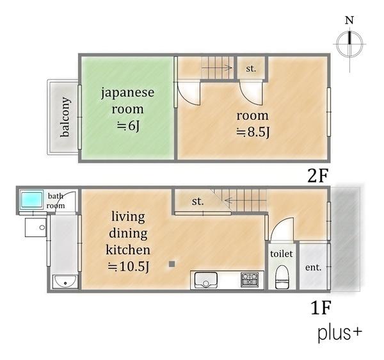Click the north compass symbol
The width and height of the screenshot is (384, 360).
pos(349,44)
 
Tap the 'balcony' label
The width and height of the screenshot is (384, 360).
pos(65,117)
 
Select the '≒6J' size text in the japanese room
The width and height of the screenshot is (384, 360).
pos(128,126)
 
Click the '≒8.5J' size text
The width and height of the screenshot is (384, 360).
pos(253,133)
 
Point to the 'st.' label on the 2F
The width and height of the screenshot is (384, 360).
pos(251,69)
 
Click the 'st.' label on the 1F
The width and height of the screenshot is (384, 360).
pos(198,201)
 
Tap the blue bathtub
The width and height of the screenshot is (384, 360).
pos(32,200)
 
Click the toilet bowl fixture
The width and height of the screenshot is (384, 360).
pos(282,277)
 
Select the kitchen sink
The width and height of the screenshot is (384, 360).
pos(205,280)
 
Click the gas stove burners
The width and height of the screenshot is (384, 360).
pos(250,280)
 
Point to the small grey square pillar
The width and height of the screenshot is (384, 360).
pos(172,264)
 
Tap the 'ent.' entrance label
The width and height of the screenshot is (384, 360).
pos(313,267)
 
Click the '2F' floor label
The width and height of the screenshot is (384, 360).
pos(317,176)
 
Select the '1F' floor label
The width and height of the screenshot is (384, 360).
pos(321,308)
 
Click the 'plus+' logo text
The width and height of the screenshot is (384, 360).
pos(340,334)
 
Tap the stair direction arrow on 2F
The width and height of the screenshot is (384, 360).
pos(217,68)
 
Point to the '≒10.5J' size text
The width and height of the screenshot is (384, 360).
pos(129,266)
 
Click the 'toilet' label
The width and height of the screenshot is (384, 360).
pos(282,254)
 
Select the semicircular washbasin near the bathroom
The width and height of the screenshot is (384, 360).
pos(65,282)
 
